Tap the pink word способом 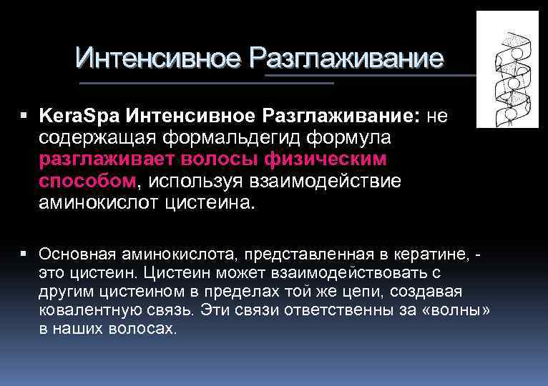(x=86, y=180)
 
